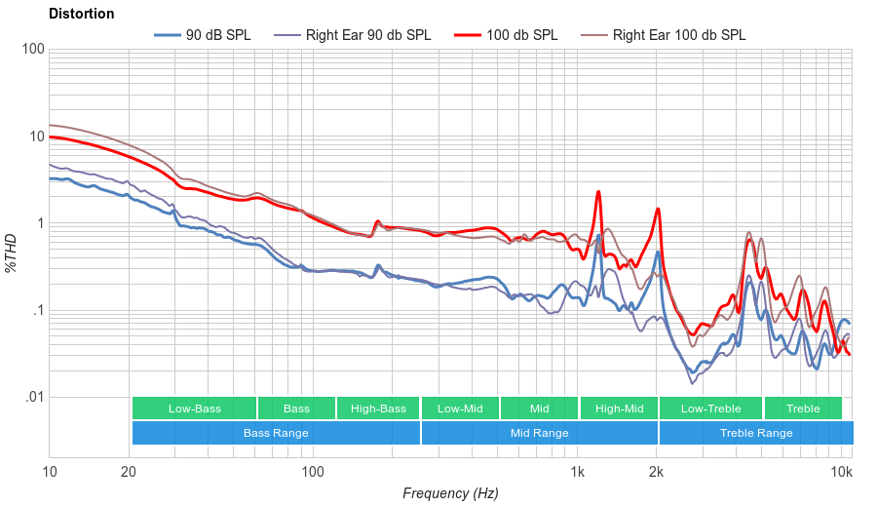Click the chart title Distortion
[x=81, y=14]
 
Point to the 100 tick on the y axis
[x=33, y=50]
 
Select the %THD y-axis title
[x=12, y=253]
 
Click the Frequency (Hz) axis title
[x=450, y=493]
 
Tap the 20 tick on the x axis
[x=129, y=472]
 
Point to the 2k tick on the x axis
[x=657, y=472]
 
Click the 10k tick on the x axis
[x=842, y=472]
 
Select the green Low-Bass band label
[x=194, y=409]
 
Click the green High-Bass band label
[x=378, y=409]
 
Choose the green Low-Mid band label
[x=460, y=409]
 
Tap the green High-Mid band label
[x=619, y=409]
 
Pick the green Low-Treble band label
[x=711, y=409]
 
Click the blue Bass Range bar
[x=276, y=433]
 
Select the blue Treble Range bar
[x=756, y=433]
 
